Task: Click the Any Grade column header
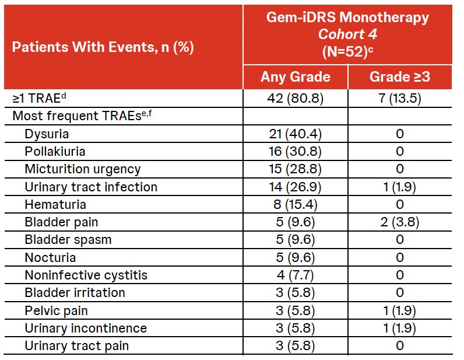tap(296, 77)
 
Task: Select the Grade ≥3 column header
tap(400, 77)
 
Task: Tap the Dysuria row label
tap(47, 134)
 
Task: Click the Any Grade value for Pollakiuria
tap(295, 151)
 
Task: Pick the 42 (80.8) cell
tap(295, 98)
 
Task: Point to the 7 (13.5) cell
tap(400, 98)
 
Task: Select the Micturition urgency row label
tap(83, 169)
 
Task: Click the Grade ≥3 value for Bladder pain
tap(400, 222)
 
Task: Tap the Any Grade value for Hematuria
tap(295, 204)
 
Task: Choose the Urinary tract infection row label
tap(91, 187)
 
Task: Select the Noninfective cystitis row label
tap(86, 275)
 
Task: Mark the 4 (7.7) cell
tap(295, 275)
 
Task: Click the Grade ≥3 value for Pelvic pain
tap(400, 310)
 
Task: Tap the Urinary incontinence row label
tap(86, 328)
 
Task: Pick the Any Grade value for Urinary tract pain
tap(295, 346)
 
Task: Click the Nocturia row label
tap(50, 257)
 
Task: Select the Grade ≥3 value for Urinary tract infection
tap(400, 187)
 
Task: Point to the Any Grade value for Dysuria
tap(295, 134)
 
